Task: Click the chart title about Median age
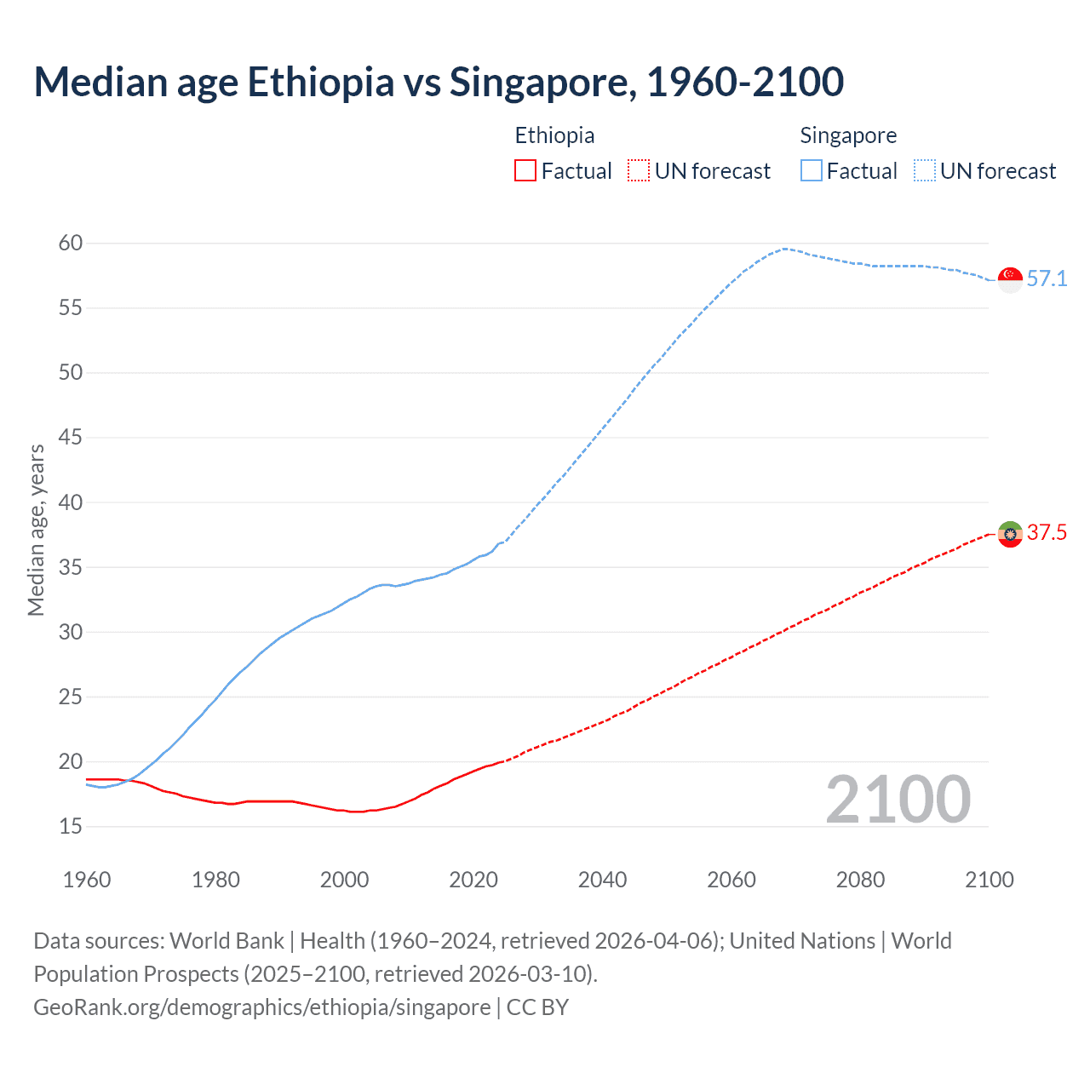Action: [x=439, y=82]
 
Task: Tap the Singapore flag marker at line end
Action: [x=1010, y=279]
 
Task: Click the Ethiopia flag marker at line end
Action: [x=1010, y=534]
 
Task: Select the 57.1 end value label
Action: [x=1047, y=278]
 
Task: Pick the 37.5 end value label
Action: [x=1047, y=532]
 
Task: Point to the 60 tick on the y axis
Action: [x=71, y=243]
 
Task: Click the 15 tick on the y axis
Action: [x=71, y=826]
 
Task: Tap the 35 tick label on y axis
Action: [x=71, y=567]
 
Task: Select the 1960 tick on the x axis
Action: [x=87, y=880]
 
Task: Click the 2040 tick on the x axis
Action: [x=602, y=880]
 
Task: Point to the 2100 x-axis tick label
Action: [x=990, y=880]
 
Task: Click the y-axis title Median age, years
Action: [x=36, y=530]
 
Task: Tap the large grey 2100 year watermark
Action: [x=898, y=799]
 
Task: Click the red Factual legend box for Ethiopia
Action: [x=525, y=171]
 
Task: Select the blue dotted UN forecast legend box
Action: [x=925, y=171]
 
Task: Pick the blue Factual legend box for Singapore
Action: [x=812, y=171]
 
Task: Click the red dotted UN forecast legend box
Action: [x=639, y=171]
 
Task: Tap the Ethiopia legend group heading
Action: [x=554, y=135]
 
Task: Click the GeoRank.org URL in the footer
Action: [x=262, y=1007]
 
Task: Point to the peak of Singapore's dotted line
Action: [x=784, y=249]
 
